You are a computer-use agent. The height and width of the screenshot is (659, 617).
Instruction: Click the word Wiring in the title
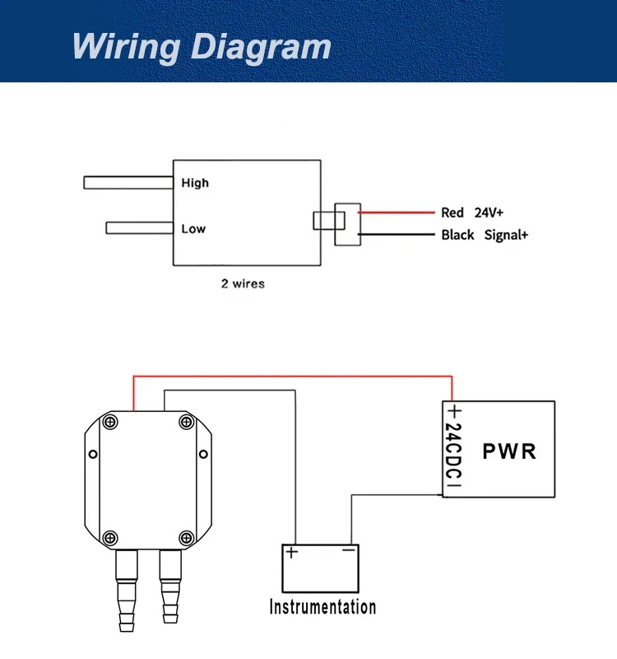[x=127, y=47]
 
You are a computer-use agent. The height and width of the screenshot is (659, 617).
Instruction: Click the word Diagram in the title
[x=261, y=47]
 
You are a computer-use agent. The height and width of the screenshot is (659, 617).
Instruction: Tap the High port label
[x=195, y=183]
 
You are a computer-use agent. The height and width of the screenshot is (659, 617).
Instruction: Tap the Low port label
[x=193, y=229]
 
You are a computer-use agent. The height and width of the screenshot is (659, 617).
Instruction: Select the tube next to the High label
[x=128, y=183]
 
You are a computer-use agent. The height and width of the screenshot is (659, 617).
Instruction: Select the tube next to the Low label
[x=139, y=228]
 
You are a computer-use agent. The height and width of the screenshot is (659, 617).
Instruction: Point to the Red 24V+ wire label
[x=471, y=213]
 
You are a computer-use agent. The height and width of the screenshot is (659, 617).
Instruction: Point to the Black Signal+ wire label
[x=485, y=235]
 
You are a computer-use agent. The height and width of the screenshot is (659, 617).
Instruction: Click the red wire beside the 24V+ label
[x=397, y=213]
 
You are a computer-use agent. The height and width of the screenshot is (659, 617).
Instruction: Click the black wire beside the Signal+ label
[x=397, y=235]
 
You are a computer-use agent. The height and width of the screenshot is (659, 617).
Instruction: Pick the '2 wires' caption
[x=243, y=283]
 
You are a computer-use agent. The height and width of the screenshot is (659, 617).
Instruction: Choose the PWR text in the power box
[x=509, y=451]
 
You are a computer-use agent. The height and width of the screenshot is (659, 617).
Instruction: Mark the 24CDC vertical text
[x=453, y=451]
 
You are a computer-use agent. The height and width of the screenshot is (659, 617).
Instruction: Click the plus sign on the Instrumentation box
[x=291, y=552]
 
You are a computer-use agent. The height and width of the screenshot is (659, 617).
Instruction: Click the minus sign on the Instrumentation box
[x=349, y=549]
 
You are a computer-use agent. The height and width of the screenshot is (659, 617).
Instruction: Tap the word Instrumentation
[x=322, y=607]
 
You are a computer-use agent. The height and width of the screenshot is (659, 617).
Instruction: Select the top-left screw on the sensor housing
[x=110, y=422]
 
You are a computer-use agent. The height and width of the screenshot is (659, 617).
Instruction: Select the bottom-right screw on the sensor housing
[x=187, y=538]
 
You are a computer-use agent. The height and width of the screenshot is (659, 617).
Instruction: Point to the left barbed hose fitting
[x=127, y=591]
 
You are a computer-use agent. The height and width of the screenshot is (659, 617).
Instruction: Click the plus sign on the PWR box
[x=455, y=410]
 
